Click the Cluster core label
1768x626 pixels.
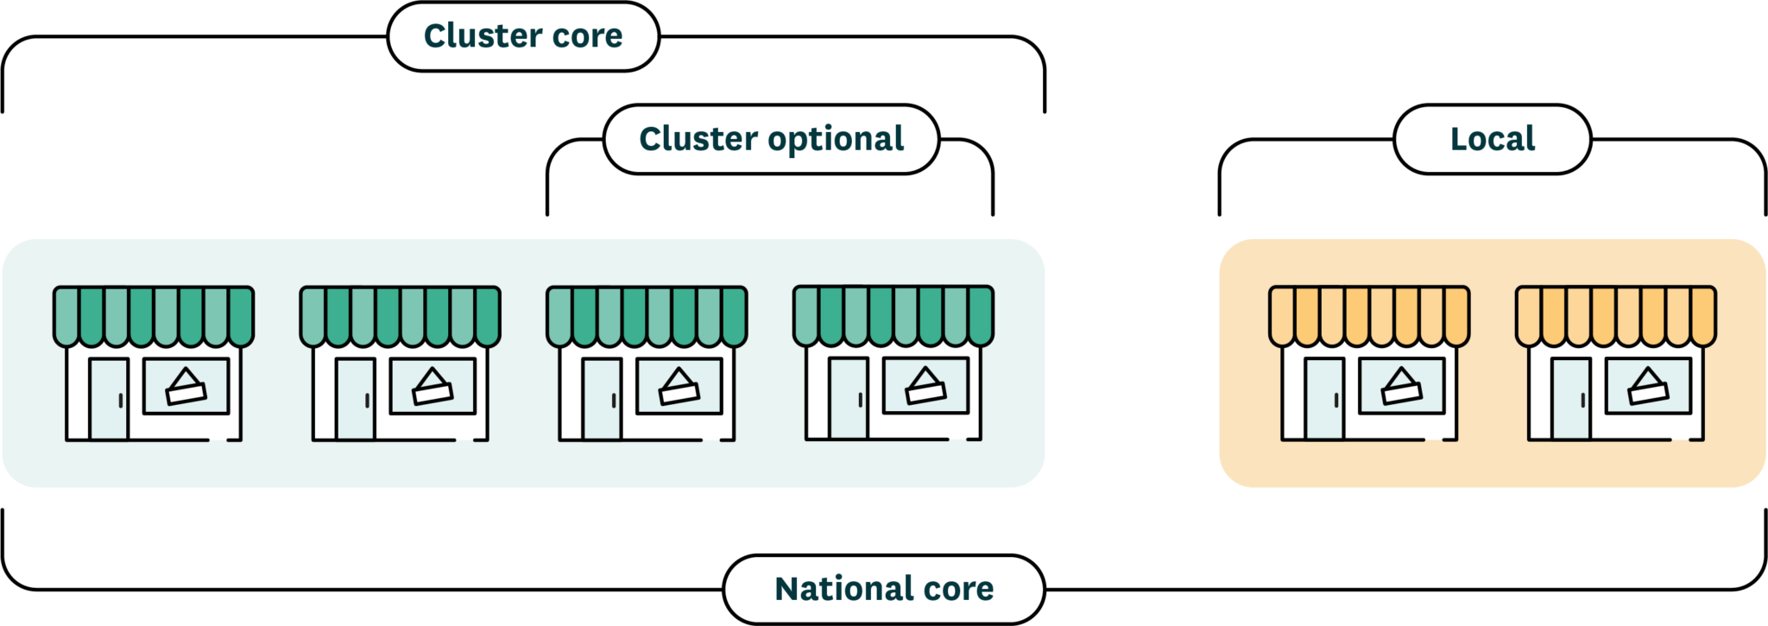tap(523, 36)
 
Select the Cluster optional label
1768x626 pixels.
tap(771, 139)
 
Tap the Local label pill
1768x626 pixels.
tap(1492, 139)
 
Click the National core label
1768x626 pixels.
tap(884, 589)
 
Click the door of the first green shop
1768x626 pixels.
tap(109, 399)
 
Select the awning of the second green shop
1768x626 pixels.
tap(401, 316)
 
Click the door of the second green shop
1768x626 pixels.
tap(355, 399)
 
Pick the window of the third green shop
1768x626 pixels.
tap(679, 386)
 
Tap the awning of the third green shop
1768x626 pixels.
tap(647, 316)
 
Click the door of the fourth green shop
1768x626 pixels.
tap(848, 398)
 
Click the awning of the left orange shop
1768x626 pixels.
tap(1369, 316)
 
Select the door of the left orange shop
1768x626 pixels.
tap(1324, 399)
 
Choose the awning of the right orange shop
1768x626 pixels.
tap(1616, 316)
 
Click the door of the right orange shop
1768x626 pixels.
tap(1571, 399)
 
